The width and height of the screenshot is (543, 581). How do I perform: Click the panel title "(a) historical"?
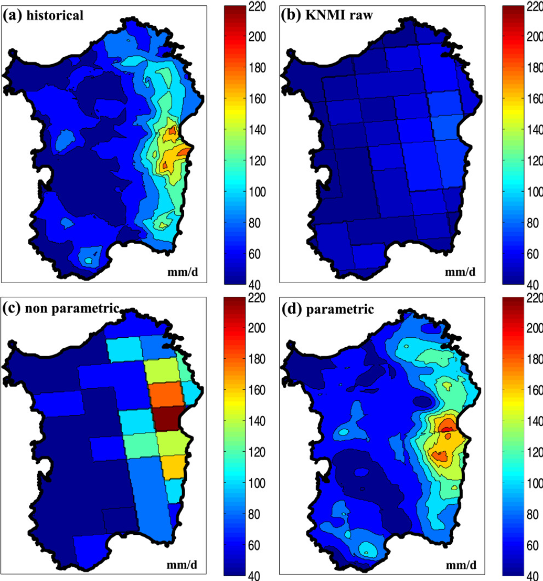(x=44, y=15)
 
